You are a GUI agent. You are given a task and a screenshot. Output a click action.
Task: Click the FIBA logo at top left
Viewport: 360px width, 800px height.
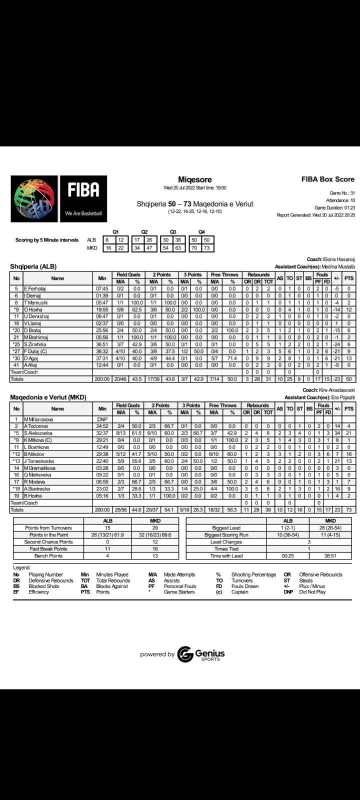pyautogui.click(x=59, y=198)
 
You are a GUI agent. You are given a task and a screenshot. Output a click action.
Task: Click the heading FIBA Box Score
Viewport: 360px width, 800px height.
pyautogui.click(x=327, y=179)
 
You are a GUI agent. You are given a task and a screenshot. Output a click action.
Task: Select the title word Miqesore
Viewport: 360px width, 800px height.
pyautogui.click(x=195, y=179)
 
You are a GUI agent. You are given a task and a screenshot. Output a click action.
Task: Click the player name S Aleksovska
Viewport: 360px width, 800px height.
pyautogui.click(x=39, y=433)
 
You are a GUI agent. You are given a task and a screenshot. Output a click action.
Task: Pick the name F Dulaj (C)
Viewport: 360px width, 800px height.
pyautogui.click(x=36, y=351)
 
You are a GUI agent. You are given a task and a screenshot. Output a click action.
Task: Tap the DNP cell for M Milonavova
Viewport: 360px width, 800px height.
pyautogui.click(x=102, y=419)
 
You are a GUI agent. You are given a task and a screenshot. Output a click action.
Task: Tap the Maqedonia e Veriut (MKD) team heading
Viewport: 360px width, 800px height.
pyautogui.click(x=48, y=397)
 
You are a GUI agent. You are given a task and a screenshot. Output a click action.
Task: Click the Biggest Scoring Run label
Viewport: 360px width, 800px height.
pyautogui.click(x=226, y=535)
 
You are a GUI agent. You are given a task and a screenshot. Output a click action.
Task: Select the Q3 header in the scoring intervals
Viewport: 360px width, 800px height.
pyautogui.click(x=173, y=232)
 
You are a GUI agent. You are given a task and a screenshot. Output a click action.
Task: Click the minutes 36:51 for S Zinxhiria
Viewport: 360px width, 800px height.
pyautogui.click(x=102, y=344)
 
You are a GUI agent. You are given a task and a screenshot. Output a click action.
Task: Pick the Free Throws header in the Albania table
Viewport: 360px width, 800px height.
pyautogui.click(x=223, y=274)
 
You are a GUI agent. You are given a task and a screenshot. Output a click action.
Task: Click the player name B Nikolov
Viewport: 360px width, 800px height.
pyautogui.click(x=34, y=454)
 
